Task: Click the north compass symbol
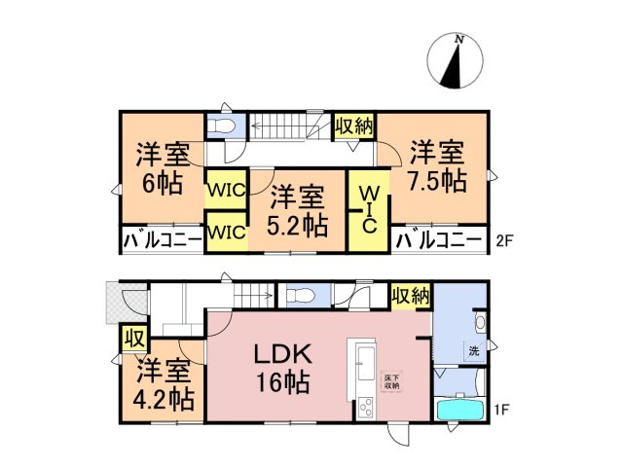click(x=454, y=59)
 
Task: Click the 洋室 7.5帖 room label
click(x=435, y=166)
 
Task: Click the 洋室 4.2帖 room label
click(x=164, y=385)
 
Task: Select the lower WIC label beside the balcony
click(x=226, y=233)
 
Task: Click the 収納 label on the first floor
click(x=410, y=297)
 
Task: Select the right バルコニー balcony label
click(x=439, y=238)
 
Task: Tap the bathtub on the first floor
click(x=460, y=408)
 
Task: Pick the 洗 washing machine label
click(x=472, y=350)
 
